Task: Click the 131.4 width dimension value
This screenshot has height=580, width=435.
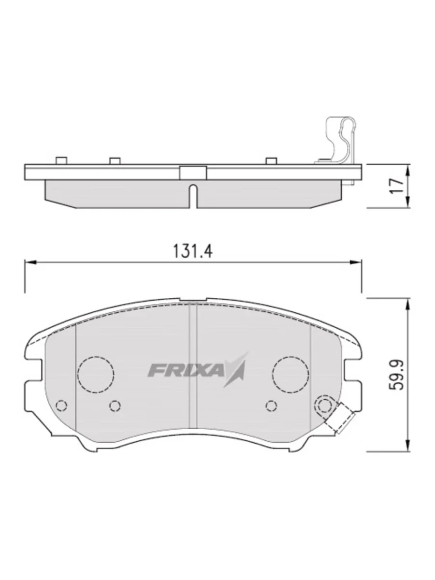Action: [x=193, y=251]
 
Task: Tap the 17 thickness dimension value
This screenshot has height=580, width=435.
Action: [x=397, y=186]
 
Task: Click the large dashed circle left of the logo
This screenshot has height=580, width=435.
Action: [x=96, y=374]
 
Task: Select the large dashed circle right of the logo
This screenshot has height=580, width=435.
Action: [x=290, y=374]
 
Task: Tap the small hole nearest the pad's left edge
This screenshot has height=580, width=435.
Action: [x=61, y=405]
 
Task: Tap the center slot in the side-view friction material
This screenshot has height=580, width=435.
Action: [x=193, y=196]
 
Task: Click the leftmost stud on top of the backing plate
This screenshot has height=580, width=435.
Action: [x=61, y=160]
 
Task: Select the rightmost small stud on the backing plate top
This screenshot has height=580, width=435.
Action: [x=271, y=160]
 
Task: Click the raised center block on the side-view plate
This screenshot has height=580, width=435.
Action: [x=193, y=172]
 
